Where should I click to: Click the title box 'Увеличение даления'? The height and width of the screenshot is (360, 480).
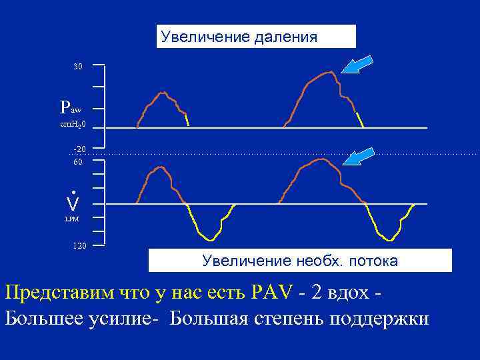click(256, 37)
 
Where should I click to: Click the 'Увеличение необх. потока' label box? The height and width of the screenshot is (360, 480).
click(300, 261)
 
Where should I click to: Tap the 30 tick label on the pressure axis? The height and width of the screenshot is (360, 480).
click(78, 67)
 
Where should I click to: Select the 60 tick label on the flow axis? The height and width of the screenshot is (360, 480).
click(78, 162)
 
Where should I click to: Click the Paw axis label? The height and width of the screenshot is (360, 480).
click(70, 107)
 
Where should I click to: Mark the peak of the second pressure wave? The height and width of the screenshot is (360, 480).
click(327, 72)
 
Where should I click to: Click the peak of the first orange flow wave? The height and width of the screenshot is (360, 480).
click(158, 167)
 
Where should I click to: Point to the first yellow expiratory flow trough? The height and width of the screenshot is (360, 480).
click(211, 239)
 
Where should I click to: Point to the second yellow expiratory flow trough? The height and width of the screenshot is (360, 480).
click(387, 238)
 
